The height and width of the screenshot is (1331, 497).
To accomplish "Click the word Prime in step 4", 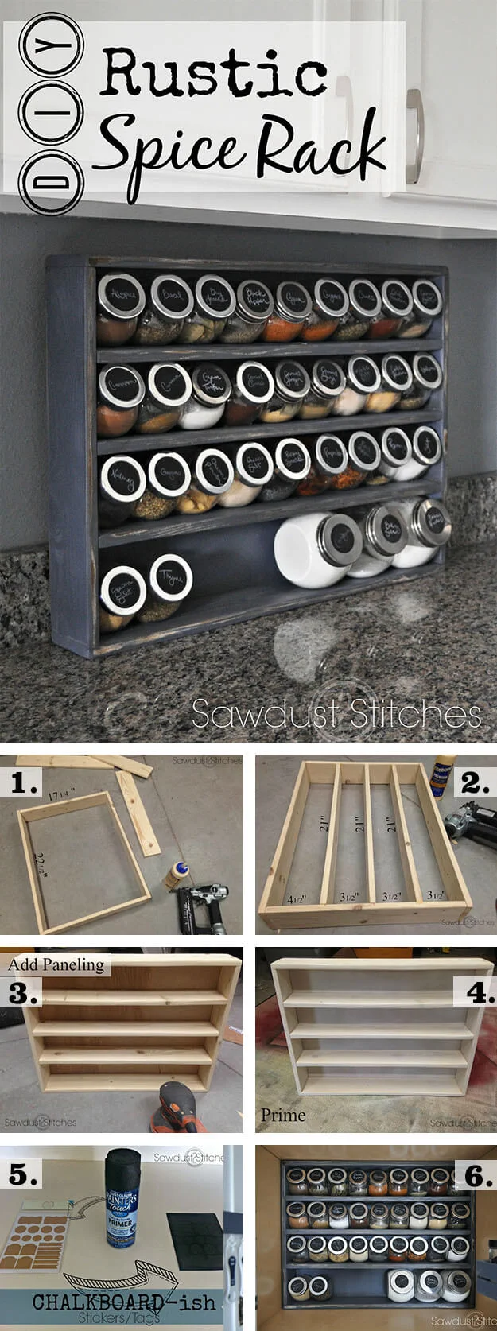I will [x=283, y=1115].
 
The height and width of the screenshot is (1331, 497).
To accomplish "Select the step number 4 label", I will [x=475, y=992].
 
